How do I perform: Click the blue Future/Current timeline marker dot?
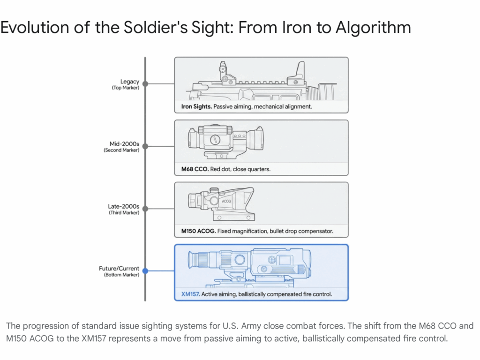(145, 271)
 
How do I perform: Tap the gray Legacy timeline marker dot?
(145, 84)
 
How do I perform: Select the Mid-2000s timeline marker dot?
(145, 146)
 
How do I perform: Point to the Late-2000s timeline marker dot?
(145, 209)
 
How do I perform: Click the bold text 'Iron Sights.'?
(196, 107)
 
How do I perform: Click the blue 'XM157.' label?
(190, 294)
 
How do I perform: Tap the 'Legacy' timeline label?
(129, 82)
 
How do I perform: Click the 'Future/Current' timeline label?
(120, 269)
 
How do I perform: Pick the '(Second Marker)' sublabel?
(121, 150)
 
